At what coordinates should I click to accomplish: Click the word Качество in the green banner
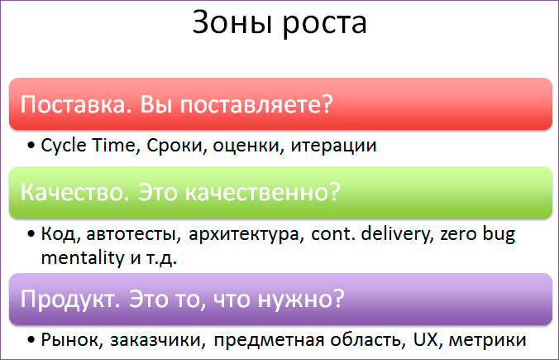pos(73,193)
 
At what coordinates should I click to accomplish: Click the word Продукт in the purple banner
pos(70,298)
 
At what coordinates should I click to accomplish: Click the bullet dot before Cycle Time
pos(31,147)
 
